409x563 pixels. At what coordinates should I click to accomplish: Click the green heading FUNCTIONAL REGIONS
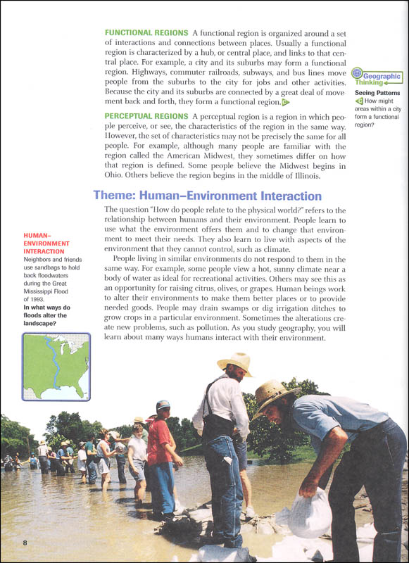tap(146, 33)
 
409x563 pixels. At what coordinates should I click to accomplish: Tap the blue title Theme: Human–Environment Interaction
tap(208, 195)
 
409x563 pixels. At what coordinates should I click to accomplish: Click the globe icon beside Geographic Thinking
tap(357, 73)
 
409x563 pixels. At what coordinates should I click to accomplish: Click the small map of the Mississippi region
tap(56, 366)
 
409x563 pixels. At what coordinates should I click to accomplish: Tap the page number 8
tap(25, 542)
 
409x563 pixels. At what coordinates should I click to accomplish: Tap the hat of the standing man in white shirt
tap(234, 362)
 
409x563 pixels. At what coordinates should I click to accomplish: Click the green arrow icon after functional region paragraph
tap(286, 103)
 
